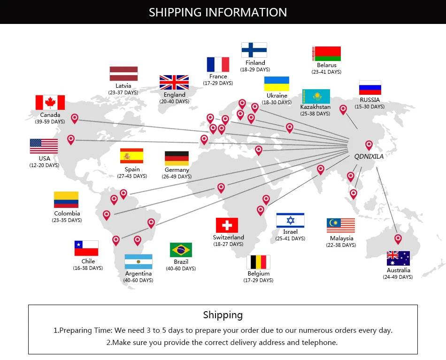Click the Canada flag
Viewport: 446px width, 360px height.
click(50, 102)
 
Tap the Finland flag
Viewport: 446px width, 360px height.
click(254, 50)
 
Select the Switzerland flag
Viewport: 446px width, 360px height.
click(227, 225)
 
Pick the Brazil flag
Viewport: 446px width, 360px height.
click(181, 250)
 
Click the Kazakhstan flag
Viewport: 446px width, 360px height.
click(316, 96)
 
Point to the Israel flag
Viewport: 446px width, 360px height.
click(290, 221)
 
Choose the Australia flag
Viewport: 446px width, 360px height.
click(398, 258)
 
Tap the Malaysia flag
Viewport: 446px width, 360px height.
click(341, 225)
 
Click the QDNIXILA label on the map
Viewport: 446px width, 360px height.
click(369, 156)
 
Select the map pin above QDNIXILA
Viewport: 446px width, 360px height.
click(369, 146)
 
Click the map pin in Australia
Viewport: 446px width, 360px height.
click(398, 239)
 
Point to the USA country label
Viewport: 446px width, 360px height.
click(45, 158)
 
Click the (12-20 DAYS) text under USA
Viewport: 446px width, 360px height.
click(45, 165)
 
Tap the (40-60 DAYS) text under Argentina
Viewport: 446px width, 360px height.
click(138, 280)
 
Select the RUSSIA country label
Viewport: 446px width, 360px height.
click(370, 100)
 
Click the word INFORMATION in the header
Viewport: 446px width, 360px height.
click(246, 12)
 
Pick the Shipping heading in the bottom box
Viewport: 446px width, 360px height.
click(223, 315)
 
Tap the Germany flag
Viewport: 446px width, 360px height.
click(177, 158)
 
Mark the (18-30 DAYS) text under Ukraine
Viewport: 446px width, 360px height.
click(277, 102)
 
